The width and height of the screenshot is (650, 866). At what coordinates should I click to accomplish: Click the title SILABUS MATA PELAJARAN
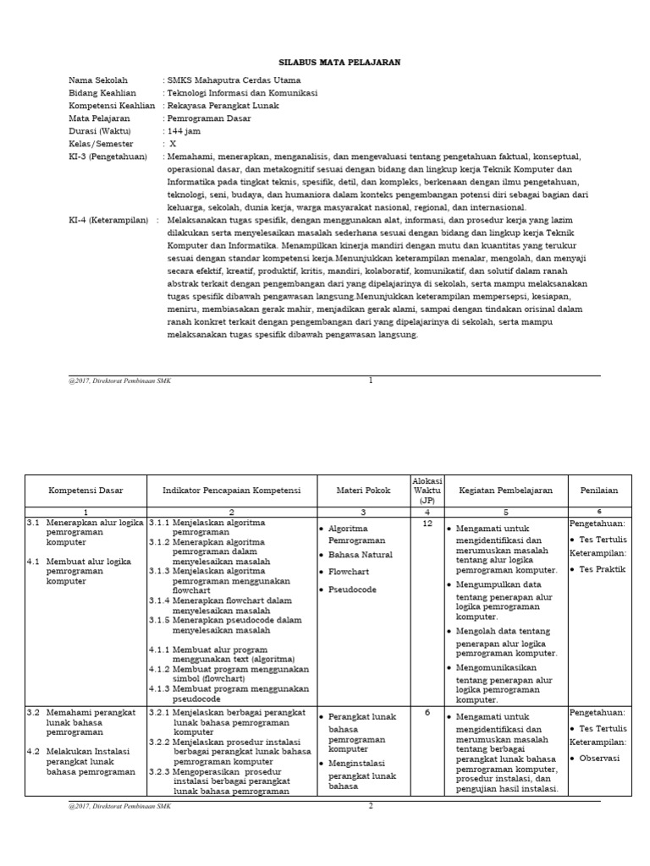pyautogui.click(x=328, y=63)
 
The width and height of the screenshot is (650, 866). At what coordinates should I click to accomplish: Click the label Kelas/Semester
pyautogui.click(x=102, y=144)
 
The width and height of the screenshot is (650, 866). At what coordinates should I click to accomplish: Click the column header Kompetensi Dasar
pyautogui.click(x=85, y=490)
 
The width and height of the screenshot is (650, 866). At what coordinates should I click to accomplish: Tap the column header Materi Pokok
pyautogui.click(x=363, y=490)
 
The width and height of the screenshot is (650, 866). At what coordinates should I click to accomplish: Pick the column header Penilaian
pyautogui.click(x=598, y=490)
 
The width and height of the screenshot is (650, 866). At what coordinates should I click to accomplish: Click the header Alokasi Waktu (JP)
pyautogui.click(x=427, y=490)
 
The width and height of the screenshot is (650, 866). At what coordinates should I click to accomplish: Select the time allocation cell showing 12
pyautogui.click(x=427, y=523)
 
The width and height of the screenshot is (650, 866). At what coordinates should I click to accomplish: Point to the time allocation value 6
pyautogui.click(x=427, y=712)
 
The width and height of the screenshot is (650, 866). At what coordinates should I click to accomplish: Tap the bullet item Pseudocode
pyautogui.click(x=352, y=589)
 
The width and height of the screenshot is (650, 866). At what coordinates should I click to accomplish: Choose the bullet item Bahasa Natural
pyautogui.click(x=360, y=555)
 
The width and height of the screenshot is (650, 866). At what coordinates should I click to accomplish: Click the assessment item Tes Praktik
pyautogui.click(x=603, y=569)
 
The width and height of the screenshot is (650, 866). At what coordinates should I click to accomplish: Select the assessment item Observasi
pyautogui.click(x=600, y=758)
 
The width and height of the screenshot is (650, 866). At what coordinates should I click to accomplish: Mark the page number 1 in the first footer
pyautogui.click(x=370, y=381)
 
